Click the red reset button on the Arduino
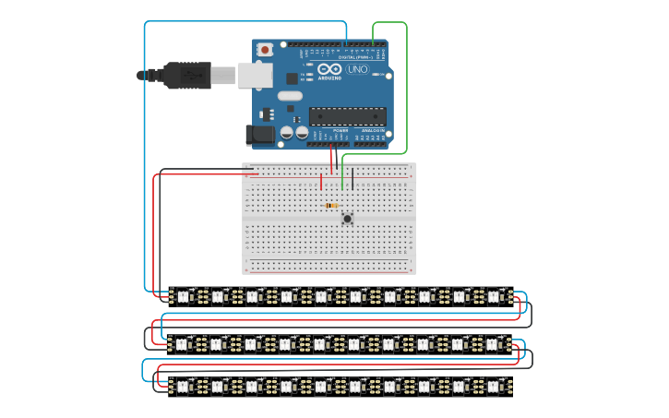[266, 49]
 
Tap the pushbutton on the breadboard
[347, 218]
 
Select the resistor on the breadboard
[332, 205]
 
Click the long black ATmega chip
[347, 115]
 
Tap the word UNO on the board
[357, 69]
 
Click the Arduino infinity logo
[329, 69]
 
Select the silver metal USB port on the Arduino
[255, 75]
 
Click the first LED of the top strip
[182, 296]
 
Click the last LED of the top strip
[493, 296]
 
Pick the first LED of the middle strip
[182, 344]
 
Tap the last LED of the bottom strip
[493, 385]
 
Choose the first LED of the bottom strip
[182, 385]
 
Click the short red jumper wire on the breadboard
[321, 183]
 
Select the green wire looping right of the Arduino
[406, 88]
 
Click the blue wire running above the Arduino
[245, 21]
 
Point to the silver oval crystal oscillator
[289, 95]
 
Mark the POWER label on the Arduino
[340, 131]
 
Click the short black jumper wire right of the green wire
[352, 178]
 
